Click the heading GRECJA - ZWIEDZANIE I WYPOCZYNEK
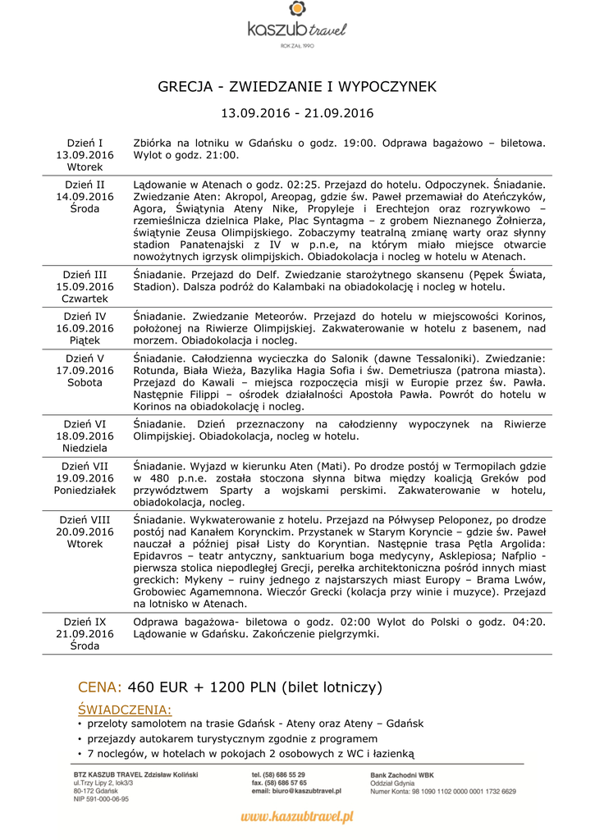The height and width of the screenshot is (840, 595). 297,87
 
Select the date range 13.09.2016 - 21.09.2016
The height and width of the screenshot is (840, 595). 297,113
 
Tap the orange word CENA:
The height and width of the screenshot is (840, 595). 99,687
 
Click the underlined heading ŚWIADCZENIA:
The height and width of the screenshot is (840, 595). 124,710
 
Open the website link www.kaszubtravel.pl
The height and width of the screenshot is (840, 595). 297,816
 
